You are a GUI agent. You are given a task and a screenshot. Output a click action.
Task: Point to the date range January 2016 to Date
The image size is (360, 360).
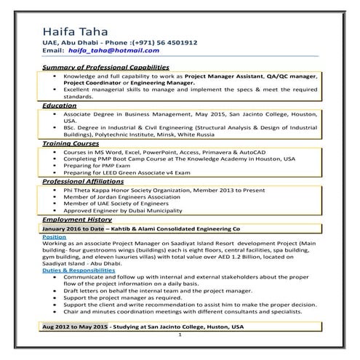pos(76,228)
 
